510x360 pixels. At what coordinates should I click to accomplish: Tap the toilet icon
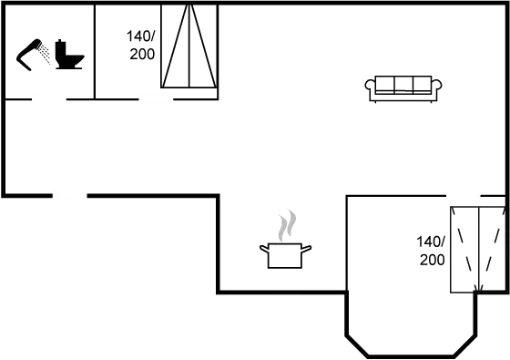click(69, 55)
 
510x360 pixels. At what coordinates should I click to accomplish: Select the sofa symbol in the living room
click(403, 89)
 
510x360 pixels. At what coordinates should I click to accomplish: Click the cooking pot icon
click(285, 255)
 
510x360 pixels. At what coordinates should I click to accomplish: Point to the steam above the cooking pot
click(287, 226)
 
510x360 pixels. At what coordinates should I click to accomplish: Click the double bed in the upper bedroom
click(189, 46)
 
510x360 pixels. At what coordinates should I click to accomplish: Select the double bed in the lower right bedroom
click(478, 250)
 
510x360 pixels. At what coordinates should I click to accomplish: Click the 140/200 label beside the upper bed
click(140, 46)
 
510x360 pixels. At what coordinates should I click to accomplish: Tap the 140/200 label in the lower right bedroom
click(431, 251)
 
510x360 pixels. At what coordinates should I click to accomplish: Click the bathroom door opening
click(49, 98)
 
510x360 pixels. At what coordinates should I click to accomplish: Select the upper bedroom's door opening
click(156, 98)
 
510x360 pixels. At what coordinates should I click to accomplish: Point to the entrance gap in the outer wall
click(70, 196)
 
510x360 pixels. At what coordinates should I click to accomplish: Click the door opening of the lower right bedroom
click(464, 196)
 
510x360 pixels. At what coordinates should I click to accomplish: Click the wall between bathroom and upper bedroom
click(95, 51)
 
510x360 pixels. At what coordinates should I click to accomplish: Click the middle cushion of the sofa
click(403, 85)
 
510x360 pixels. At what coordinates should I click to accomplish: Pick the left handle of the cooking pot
click(264, 249)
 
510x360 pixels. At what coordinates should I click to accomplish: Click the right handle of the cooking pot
click(306, 249)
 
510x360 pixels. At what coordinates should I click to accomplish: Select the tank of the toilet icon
click(61, 49)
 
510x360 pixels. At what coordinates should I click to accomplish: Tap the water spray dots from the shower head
click(45, 54)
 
